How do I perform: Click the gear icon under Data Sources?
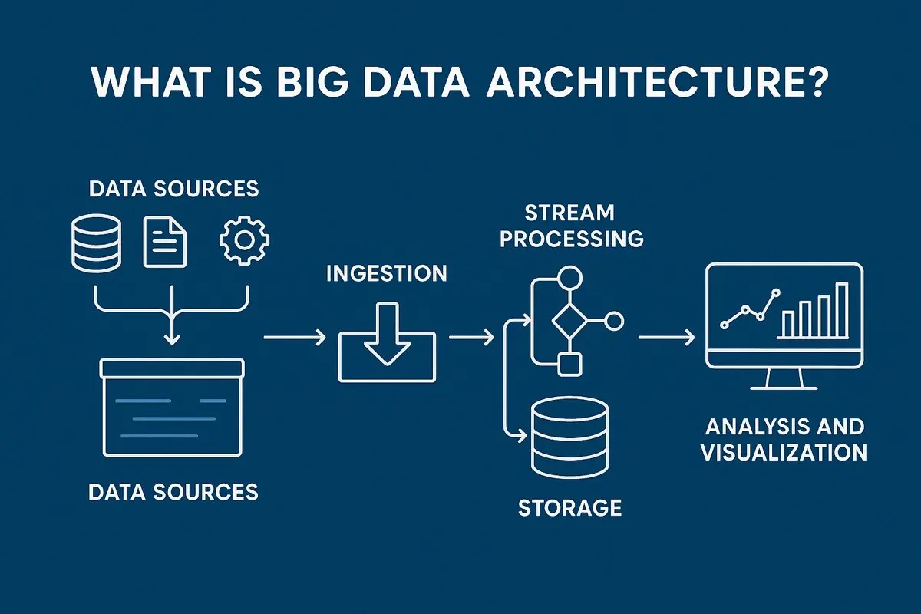point(245,242)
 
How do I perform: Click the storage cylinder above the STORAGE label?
point(569,437)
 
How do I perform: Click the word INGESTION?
point(386,273)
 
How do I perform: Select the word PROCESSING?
point(571,238)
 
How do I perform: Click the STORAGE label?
point(569,507)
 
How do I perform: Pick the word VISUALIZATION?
point(784,451)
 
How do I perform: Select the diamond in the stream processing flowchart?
point(569,321)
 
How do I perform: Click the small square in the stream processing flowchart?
point(569,365)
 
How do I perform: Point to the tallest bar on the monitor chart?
point(842,310)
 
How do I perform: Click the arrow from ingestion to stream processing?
point(470,337)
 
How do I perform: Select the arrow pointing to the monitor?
point(666,337)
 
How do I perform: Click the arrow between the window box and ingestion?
point(293,337)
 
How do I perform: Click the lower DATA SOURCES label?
point(173,491)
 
